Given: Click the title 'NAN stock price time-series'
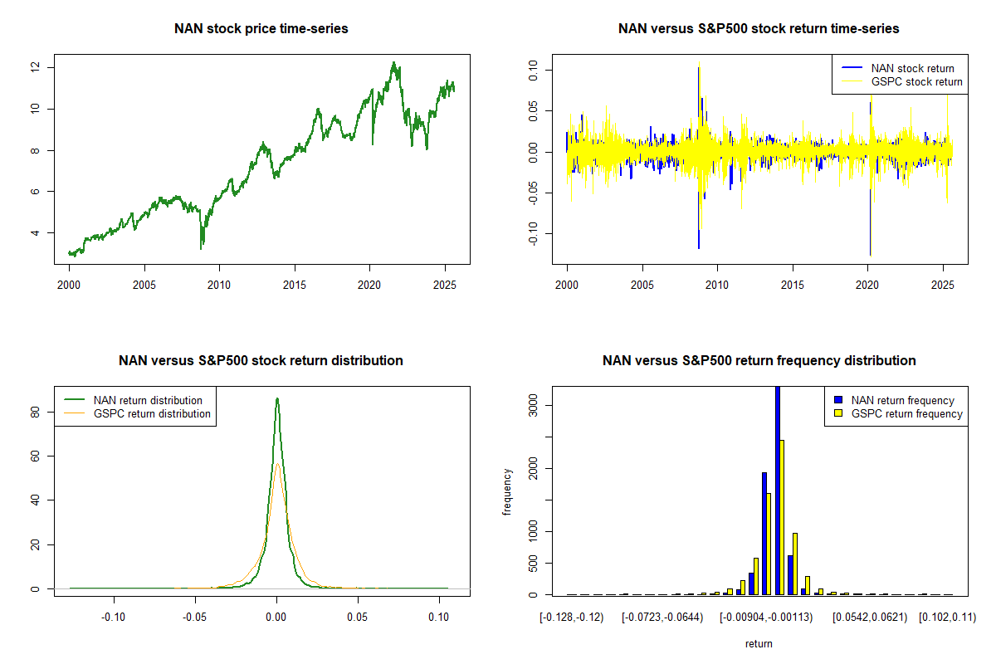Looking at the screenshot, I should (x=261, y=29).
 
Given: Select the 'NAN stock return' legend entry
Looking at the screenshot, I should (x=912, y=68).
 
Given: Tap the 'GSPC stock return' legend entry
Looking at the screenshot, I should (x=916, y=81).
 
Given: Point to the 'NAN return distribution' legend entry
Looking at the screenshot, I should (x=148, y=400).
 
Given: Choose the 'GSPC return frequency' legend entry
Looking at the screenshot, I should (x=906, y=413).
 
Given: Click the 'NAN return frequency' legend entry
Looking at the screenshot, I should (x=902, y=400).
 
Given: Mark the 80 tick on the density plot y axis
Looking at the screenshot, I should (x=35, y=411).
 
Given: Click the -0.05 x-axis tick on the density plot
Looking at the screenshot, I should (x=194, y=618).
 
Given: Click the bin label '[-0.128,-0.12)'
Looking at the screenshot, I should (x=572, y=618).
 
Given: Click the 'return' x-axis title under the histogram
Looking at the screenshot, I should (x=759, y=643).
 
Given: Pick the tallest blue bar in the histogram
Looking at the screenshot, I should (x=778, y=490).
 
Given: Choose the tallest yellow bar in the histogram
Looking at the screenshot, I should (x=782, y=516).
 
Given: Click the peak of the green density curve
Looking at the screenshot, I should (x=277, y=398).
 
